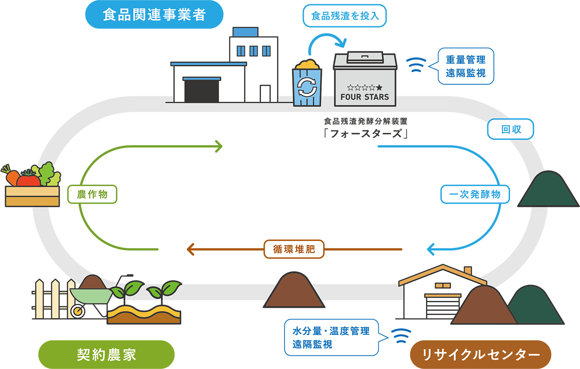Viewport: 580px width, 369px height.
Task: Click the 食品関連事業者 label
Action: [154, 15]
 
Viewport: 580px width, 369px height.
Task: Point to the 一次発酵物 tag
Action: [475, 195]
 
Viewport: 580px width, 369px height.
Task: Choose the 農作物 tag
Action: [92, 195]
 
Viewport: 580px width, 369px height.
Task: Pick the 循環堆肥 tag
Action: [294, 249]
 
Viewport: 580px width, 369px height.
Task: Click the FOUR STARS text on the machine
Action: [365, 97]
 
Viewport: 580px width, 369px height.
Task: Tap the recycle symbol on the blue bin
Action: [307, 87]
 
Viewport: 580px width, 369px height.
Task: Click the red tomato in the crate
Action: [29, 179]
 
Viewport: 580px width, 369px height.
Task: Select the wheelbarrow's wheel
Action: [78, 311]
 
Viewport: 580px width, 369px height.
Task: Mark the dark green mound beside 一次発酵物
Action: [543, 190]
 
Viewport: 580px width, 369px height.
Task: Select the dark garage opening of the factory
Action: [201, 91]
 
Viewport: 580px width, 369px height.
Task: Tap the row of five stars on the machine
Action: [365, 87]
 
